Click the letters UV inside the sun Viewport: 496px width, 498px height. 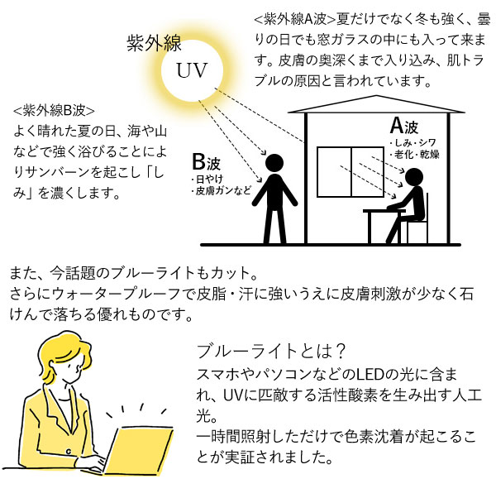tap(192, 70)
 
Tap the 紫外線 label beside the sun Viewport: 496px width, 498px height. tap(154, 43)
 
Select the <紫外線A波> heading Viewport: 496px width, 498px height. tap(295, 19)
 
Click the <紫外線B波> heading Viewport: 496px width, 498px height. tap(54, 110)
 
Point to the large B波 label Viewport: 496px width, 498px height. tap(206, 162)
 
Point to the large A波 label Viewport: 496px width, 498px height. tap(404, 126)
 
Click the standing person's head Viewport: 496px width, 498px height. tap(274, 164)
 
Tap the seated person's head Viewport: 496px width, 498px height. tap(414, 177)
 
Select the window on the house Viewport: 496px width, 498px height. tap(351, 172)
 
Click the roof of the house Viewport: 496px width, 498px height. tap(376, 104)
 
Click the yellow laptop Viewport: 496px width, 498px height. tap(139, 450)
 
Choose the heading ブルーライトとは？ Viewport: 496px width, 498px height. tap(270, 351)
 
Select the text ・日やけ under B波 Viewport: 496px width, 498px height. tap(207, 180)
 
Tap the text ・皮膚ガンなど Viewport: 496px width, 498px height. tap(221, 191)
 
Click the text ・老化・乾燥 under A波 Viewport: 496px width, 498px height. tap(415, 155)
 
